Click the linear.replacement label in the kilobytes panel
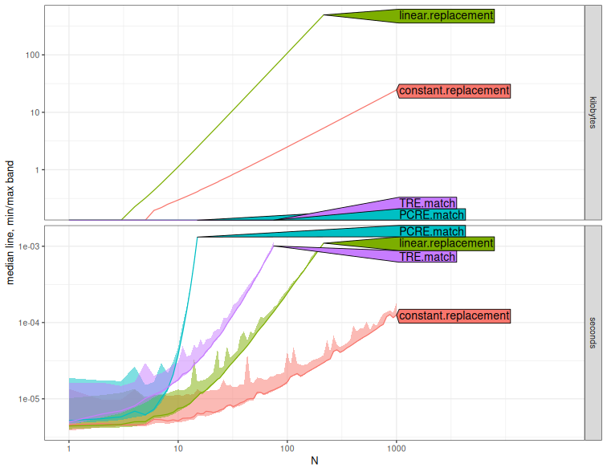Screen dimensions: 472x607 (x=446, y=16)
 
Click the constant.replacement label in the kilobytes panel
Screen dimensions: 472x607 (x=454, y=91)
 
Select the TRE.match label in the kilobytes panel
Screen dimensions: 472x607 (x=427, y=203)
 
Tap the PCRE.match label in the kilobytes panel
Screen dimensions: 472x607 (x=432, y=215)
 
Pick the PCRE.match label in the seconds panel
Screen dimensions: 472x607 (x=432, y=231)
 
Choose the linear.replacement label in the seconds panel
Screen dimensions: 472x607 (x=446, y=243)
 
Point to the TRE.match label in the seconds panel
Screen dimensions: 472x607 (x=427, y=257)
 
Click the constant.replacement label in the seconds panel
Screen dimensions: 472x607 (x=454, y=315)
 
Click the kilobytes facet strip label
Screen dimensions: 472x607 (x=593, y=112)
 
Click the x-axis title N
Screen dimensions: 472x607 (x=314, y=461)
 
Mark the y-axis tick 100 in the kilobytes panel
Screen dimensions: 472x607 (x=33, y=55)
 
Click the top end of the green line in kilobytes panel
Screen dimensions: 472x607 (x=323, y=14)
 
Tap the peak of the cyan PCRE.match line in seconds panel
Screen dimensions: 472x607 (x=197, y=237)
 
